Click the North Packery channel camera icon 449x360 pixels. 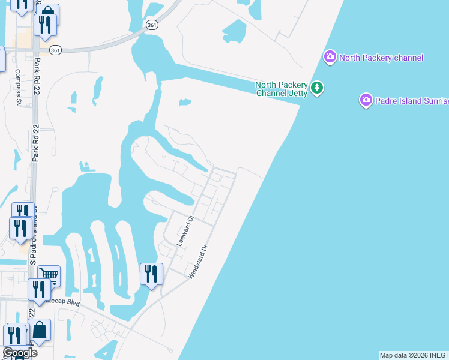(330, 57)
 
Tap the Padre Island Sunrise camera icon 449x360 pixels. (366, 100)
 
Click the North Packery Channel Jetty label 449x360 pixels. (282, 89)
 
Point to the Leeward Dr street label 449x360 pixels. (187, 231)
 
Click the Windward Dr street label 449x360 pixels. (197, 261)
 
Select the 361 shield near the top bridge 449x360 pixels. (152, 23)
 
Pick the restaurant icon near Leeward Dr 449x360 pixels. (151, 274)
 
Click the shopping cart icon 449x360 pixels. (49, 275)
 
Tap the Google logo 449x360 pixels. (20, 353)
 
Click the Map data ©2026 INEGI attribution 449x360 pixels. (414, 355)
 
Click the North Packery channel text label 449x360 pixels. (381, 58)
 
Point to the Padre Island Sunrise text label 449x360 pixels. (412, 100)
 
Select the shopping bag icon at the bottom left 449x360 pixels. (40, 330)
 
